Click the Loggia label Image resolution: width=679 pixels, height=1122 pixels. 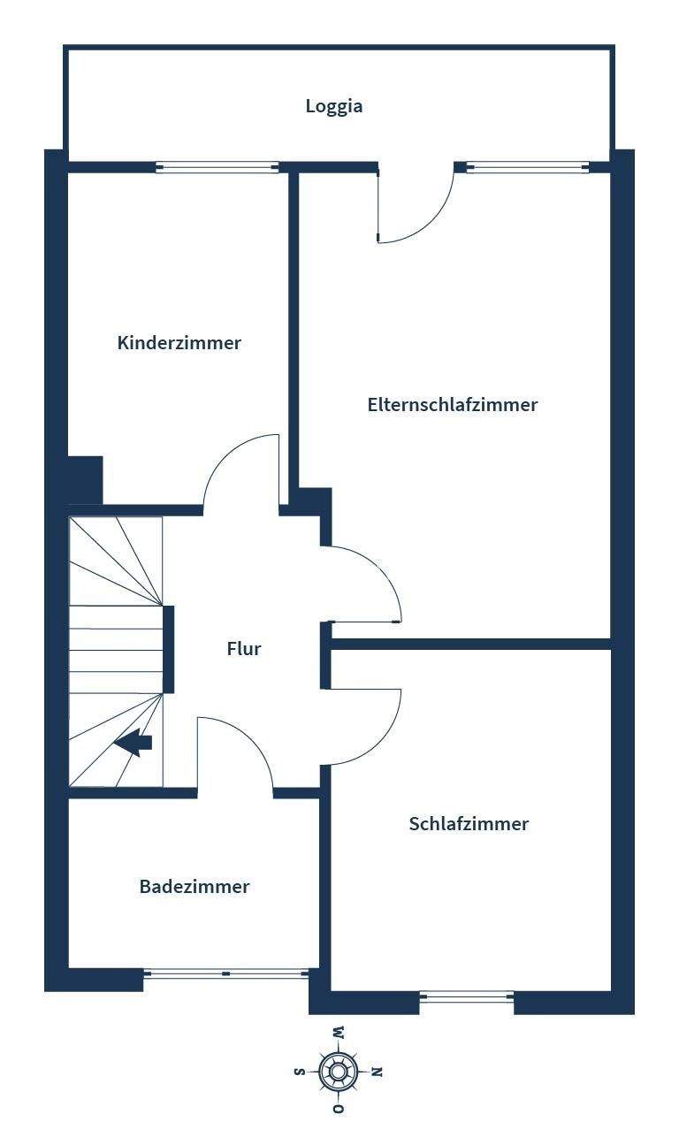point(334,106)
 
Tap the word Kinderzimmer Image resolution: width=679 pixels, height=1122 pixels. point(179,343)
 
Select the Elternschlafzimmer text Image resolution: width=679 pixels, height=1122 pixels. point(453,405)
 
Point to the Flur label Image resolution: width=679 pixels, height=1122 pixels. point(244,649)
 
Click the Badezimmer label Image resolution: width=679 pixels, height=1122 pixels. point(195,886)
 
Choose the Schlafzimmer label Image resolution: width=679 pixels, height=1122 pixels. point(469,824)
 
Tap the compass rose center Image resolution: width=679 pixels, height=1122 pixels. point(338,1072)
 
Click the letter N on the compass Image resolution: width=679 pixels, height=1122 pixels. point(376,1072)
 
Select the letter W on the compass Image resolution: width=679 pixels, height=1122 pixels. point(338,1033)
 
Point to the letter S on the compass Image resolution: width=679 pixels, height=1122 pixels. point(299,1072)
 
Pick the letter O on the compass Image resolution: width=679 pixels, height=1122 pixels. point(338,1109)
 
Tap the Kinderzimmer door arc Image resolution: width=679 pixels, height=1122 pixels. point(240,469)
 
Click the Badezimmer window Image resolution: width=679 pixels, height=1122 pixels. point(226,973)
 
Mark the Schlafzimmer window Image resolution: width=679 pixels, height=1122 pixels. point(467,996)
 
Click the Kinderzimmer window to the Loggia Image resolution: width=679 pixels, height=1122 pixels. point(217,167)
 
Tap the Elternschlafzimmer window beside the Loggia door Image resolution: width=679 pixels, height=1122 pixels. point(528,167)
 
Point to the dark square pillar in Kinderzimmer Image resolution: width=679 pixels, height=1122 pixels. point(86,479)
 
